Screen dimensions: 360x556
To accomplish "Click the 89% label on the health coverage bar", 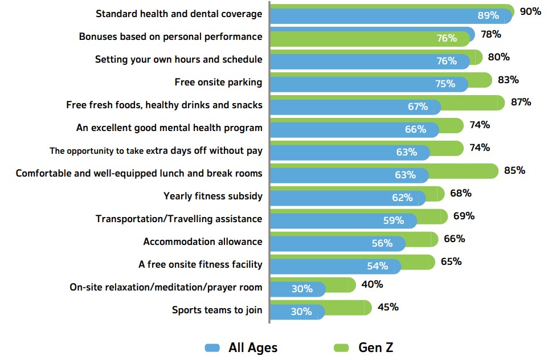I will pos(488,15).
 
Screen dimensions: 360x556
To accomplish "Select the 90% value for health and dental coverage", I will pos(530,11).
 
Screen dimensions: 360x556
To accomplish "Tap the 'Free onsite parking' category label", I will pos(218,82).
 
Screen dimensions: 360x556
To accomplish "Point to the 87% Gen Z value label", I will pos(521,102).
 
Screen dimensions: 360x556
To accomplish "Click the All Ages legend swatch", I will pos(212,347).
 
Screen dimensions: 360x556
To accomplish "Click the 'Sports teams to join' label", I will pos(217,310).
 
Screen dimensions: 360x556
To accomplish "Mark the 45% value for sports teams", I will pos(387,307).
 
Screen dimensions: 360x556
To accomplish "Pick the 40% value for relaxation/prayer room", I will pos(372,284).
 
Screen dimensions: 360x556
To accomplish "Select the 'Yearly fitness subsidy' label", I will pos(212,196).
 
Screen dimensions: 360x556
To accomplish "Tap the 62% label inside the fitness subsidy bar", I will pos(402,198).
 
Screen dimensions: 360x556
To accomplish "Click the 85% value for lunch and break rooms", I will pos(514,170).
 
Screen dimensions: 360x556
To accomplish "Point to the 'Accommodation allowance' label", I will pos(203,242).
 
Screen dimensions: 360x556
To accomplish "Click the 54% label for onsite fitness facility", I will pos(377,266).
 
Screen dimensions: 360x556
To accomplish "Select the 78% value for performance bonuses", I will pos(490,34).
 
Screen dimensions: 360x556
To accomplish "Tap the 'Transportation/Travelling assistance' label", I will pos(179,219).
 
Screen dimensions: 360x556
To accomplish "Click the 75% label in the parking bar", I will pos(445,84).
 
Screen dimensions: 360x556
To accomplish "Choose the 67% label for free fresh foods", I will pos(418,107).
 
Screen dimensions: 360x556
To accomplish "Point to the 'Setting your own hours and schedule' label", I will pos(178,59).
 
